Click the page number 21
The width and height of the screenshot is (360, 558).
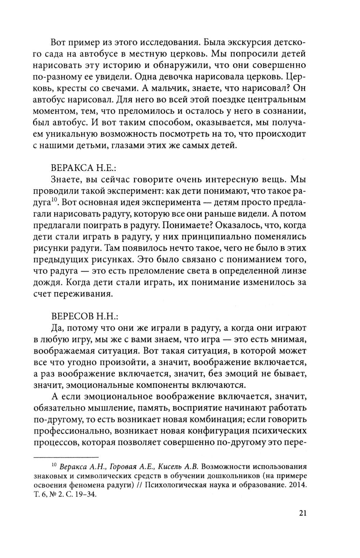click(302, 513)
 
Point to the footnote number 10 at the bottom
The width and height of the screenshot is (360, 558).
click(54, 465)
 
